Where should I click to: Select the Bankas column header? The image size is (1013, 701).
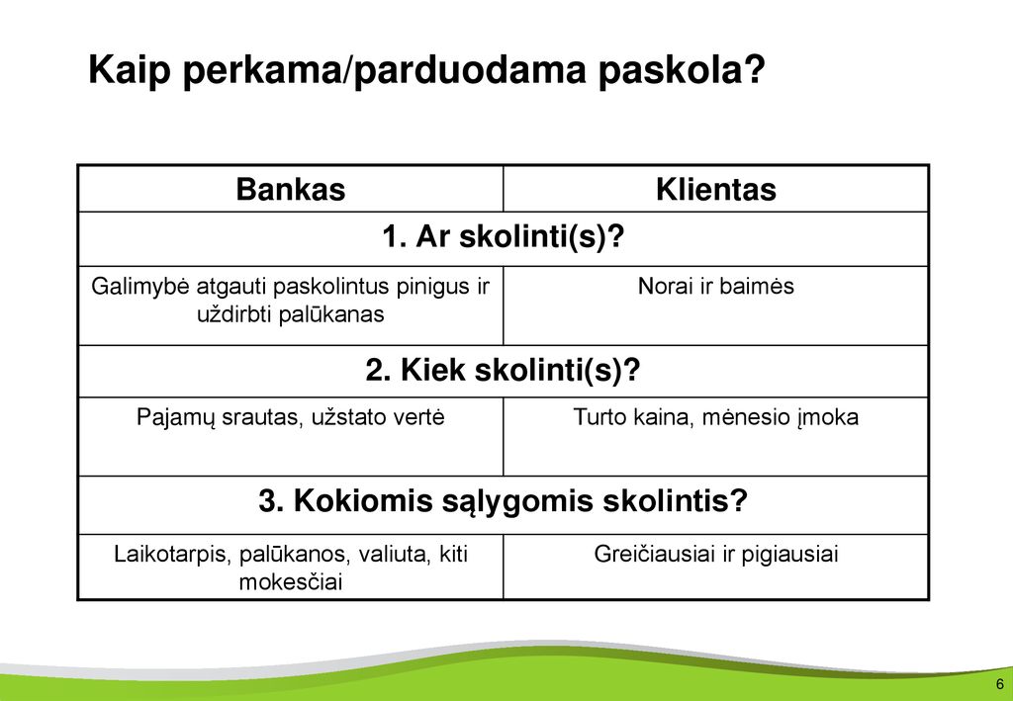pos(291,189)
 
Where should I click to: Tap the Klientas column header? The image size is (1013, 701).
pos(716,189)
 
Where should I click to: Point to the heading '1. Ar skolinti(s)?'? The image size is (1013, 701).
pos(504,237)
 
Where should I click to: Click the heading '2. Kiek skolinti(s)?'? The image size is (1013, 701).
pos(503,371)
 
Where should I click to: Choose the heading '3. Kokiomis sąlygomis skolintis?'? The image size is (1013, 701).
pos(503,501)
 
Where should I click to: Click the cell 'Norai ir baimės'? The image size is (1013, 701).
pos(716,286)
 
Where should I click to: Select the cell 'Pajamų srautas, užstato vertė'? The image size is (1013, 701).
pos(291,417)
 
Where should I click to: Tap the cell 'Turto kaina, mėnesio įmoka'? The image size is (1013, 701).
pos(716,417)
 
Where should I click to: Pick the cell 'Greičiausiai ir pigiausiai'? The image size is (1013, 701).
pos(716,555)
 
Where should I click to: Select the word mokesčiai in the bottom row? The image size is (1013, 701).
pos(291,582)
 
